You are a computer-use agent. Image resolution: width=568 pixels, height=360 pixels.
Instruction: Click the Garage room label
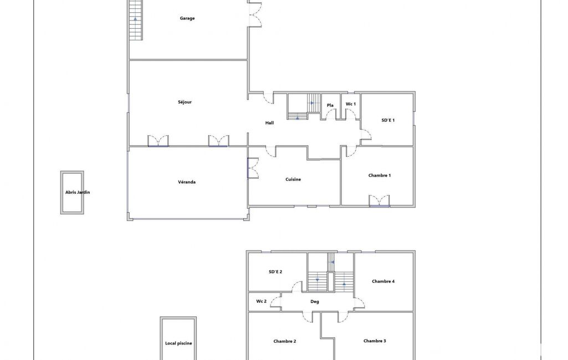(x=187, y=18)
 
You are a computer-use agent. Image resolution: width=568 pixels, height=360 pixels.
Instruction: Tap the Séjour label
(x=185, y=102)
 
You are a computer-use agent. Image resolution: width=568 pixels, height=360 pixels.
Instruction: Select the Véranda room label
(x=187, y=182)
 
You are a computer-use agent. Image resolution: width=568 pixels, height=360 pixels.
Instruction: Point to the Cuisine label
(x=293, y=179)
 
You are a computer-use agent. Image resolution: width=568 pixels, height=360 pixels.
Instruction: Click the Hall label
(x=269, y=123)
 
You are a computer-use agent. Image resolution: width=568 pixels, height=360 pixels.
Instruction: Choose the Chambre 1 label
(x=380, y=175)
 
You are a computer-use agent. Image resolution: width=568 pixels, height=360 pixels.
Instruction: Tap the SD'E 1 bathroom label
(x=388, y=120)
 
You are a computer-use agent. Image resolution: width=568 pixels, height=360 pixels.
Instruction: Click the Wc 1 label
(x=351, y=104)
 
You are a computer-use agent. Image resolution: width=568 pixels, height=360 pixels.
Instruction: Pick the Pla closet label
(x=330, y=105)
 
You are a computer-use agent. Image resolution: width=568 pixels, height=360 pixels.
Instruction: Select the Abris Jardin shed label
(x=78, y=192)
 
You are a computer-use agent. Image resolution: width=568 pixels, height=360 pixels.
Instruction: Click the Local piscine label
(x=178, y=343)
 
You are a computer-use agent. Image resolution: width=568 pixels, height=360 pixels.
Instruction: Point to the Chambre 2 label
(x=285, y=341)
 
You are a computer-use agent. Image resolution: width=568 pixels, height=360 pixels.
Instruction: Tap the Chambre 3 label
(x=375, y=341)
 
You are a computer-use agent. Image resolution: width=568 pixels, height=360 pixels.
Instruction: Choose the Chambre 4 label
(x=383, y=281)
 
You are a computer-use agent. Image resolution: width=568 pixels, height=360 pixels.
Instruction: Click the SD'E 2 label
(x=275, y=271)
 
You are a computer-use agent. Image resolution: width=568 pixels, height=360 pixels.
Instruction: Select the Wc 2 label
(x=261, y=301)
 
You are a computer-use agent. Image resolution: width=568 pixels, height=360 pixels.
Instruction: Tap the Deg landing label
(x=315, y=302)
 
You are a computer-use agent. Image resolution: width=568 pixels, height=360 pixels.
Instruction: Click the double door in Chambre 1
(x=379, y=201)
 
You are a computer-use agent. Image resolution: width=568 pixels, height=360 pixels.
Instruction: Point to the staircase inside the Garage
(x=135, y=20)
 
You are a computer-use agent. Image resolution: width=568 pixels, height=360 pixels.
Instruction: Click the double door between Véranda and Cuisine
(x=253, y=168)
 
